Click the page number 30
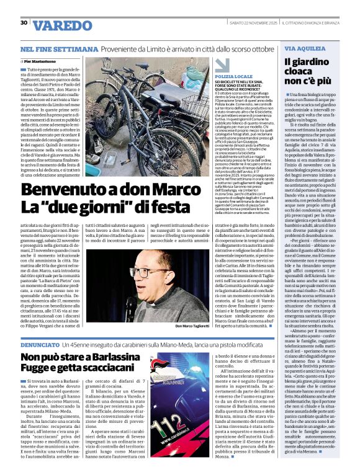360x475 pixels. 23,22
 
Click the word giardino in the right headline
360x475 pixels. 314,61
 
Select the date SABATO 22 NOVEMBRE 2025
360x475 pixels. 240,23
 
